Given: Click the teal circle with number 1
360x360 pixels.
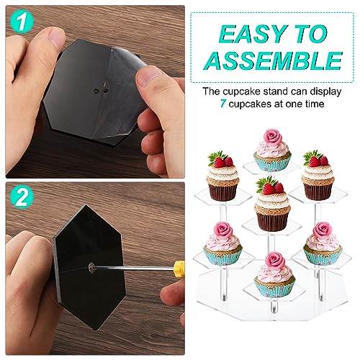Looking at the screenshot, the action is (22, 22).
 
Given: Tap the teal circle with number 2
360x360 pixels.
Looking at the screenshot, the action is (22, 197).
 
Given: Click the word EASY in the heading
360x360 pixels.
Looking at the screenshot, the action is (253, 33).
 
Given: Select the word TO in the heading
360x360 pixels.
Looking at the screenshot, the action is (311, 33).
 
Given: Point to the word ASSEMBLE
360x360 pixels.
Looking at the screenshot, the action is (273, 60).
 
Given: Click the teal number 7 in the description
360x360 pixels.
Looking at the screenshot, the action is (223, 104).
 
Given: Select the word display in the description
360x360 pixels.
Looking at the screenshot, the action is (325, 92).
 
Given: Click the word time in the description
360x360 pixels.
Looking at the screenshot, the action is (314, 104).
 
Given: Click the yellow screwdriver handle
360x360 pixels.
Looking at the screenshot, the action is (179, 267).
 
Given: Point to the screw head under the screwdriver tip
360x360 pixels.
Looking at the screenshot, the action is (92, 268).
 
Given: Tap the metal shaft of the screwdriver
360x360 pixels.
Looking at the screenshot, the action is (134, 267).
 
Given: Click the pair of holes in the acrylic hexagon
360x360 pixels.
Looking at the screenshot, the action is (101, 91).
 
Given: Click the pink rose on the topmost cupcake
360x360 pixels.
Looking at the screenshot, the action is (273, 136).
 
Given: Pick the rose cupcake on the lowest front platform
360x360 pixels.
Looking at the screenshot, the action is (275, 275).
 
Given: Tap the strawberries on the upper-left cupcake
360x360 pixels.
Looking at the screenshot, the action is (221, 160).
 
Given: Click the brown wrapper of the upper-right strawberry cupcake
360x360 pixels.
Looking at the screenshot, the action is (318, 192).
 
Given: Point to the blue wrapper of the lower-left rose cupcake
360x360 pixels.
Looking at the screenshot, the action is (222, 256).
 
